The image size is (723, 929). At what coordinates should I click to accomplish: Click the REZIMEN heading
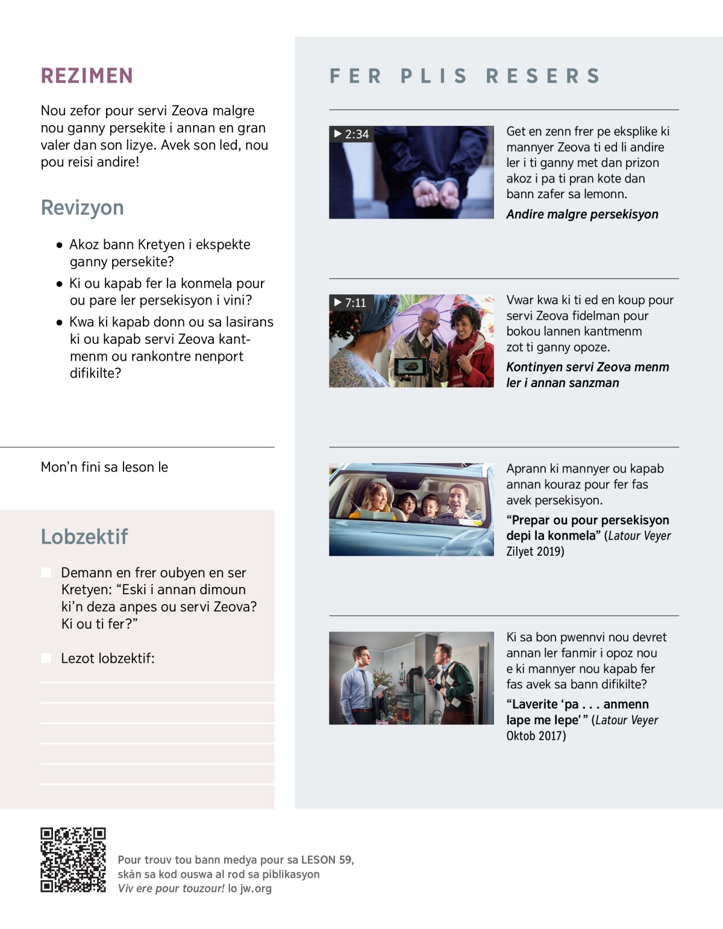(87, 76)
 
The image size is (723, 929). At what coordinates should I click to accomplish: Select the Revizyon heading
(82, 208)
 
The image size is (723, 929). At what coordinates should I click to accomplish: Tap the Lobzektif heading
(84, 536)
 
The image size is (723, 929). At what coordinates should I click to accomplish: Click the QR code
(73, 860)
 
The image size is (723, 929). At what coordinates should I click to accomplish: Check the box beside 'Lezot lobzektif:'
(46, 658)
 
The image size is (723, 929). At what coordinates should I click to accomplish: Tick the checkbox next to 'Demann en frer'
(46, 573)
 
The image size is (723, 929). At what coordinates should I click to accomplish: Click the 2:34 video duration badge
(351, 134)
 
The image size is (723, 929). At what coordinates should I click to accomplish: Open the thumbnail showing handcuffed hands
(411, 172)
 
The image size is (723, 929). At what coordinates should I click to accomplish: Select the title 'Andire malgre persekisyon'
(582, 214)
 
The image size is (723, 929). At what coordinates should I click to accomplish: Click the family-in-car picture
(411, 509)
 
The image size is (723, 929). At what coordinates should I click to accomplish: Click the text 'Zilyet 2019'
(535, 551)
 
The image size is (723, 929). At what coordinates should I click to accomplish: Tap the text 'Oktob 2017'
(536, 736)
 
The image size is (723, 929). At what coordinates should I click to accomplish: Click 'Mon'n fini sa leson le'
(104, 467)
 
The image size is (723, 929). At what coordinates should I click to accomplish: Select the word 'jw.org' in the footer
(255, 889)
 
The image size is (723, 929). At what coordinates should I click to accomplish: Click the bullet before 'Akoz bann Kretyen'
(59, 245)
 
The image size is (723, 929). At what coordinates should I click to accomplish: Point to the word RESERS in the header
(543, 76)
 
